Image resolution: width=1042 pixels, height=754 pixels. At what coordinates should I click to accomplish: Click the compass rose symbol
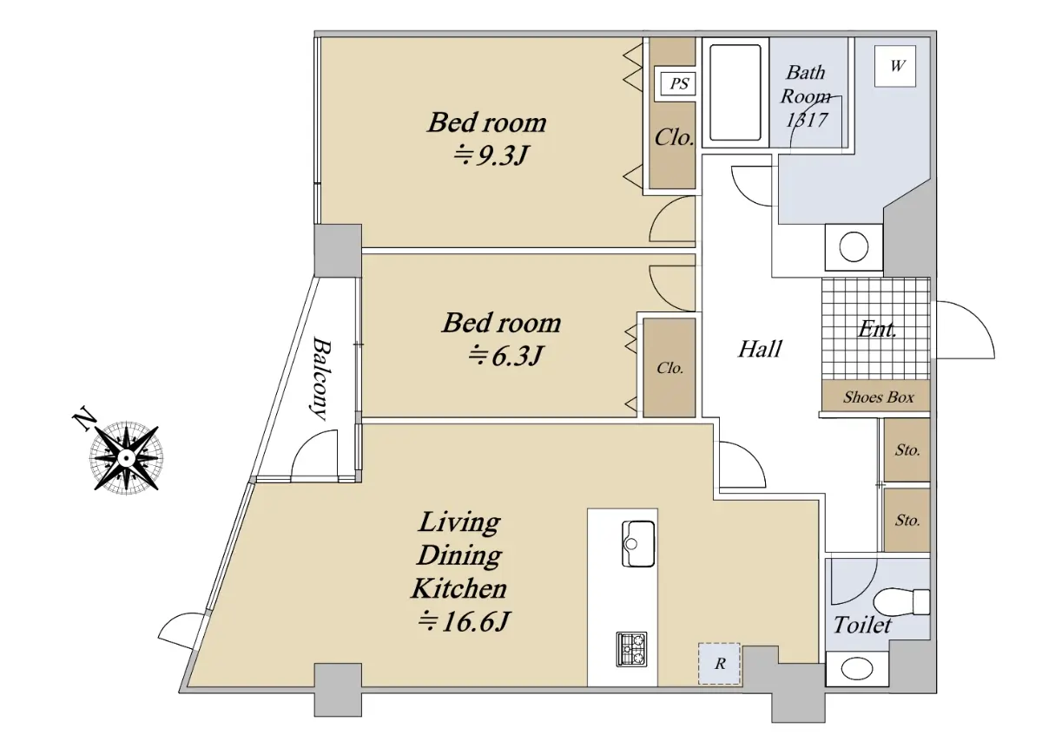(x=126, y=457)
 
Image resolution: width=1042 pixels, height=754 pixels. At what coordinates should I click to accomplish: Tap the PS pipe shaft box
(x=679, y=83)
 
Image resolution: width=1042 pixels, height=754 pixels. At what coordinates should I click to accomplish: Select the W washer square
(x=895, y=66)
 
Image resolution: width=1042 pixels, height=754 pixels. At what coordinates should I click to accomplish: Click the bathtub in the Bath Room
(x=735, y=92)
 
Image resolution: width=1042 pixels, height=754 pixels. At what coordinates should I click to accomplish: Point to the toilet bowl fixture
(x=901, y=602)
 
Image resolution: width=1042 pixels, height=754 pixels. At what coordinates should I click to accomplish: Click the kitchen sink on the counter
(x=638, y=543)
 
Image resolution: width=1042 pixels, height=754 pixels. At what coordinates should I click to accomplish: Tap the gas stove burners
(x=631, y=649)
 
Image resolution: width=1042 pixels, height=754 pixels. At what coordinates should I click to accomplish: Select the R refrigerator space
(x=719, y=664)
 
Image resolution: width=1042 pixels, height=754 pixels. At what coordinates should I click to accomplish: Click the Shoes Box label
(x=878, y=397)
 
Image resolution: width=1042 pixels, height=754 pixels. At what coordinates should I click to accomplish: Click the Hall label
(x=760, y=349)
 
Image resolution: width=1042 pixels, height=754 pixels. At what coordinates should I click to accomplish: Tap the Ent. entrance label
(x=877, y=330)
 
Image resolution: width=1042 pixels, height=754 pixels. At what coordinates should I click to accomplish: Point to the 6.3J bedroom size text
(x=505, y=356)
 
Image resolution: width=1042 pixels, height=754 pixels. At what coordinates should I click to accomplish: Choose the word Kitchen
(x=458, y=588)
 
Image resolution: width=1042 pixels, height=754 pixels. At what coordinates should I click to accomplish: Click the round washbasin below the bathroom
(x=854, y=246)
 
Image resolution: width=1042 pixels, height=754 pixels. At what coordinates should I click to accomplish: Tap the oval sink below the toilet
(x=856, y=669)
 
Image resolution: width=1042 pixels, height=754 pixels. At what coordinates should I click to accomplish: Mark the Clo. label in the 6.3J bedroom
(x=669, y=368)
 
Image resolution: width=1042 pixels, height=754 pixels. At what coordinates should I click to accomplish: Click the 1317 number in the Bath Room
(x=807, y=121)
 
